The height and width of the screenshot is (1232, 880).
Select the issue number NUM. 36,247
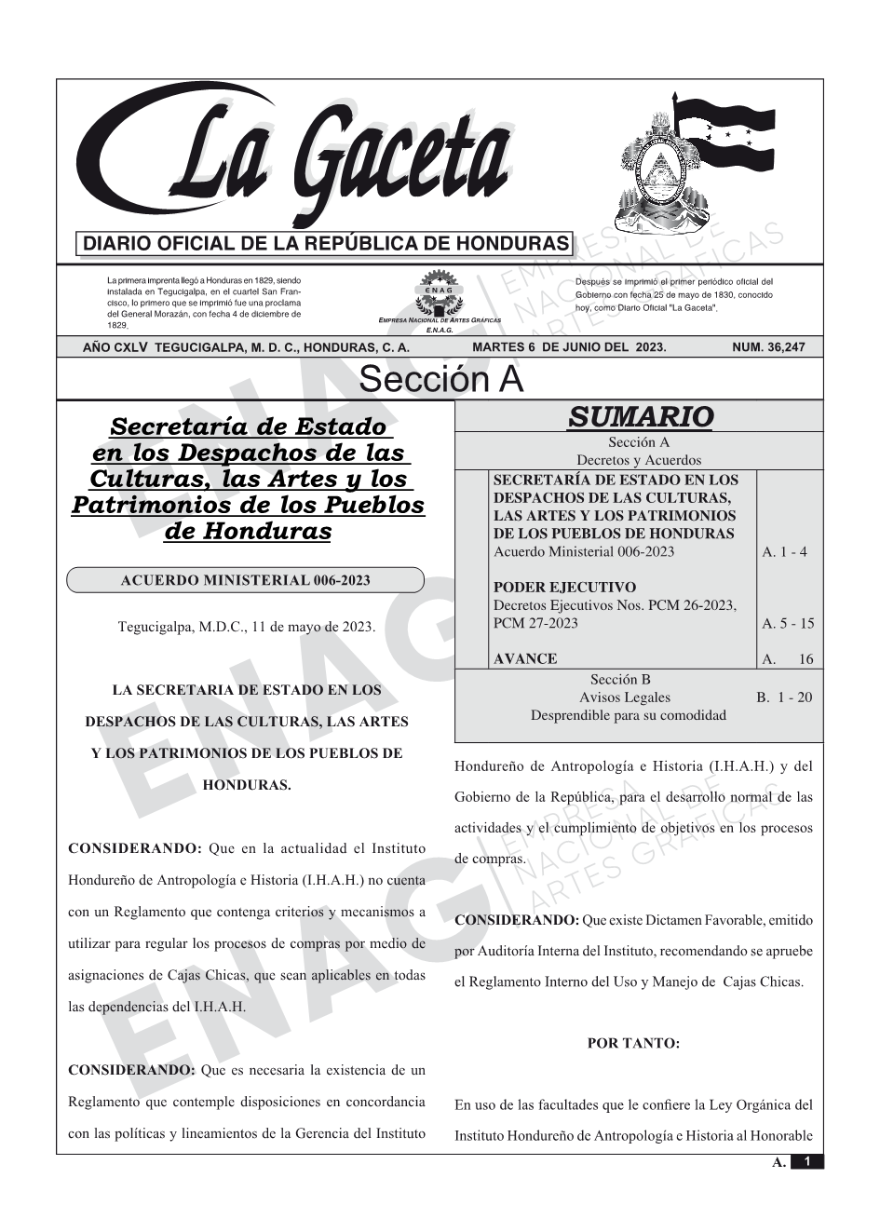coord(768,347)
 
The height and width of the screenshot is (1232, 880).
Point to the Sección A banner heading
coord(440,380)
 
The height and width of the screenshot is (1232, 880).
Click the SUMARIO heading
coord(640,416)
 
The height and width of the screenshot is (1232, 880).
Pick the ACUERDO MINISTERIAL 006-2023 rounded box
coord(245,580)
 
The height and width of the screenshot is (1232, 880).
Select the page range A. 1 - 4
coord(784,551)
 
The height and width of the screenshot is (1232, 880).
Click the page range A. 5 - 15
coord(787,623)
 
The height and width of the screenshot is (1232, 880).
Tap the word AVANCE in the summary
coord(525,658)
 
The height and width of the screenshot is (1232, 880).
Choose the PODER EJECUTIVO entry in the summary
coord(564,587)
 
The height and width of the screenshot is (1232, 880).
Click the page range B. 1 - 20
coord(783,697)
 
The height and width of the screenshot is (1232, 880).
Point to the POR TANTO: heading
coord(633,1043)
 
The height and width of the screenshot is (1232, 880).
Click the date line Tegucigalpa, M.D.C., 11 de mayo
coord(247,627)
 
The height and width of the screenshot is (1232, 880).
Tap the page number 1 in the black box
coord(806,1161)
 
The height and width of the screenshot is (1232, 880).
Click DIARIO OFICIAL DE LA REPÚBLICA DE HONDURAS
coord(326,244)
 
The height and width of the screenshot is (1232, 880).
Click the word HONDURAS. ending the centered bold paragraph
coord(247,784)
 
